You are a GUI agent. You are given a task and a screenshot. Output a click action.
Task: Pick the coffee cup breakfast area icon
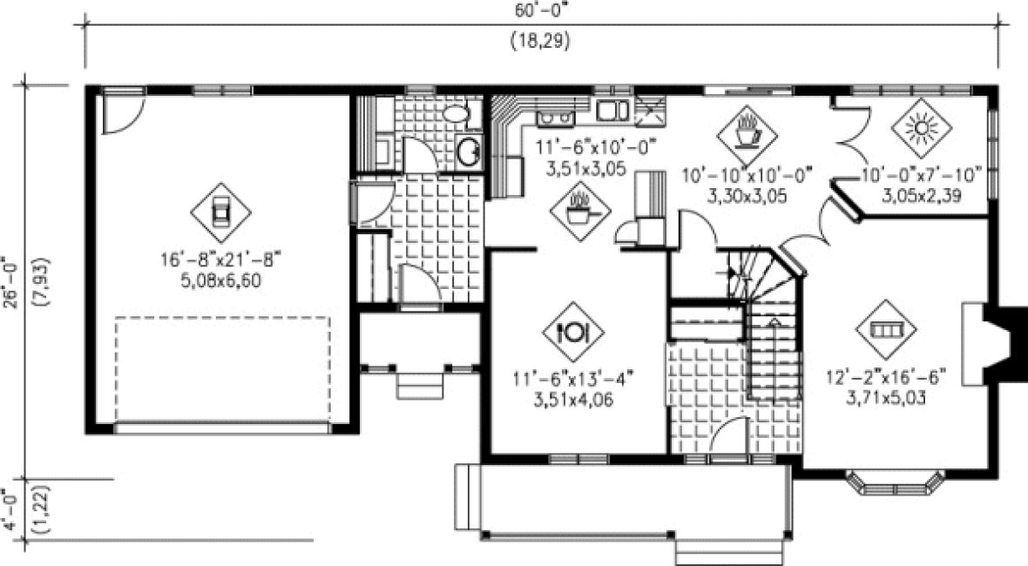point(747,133)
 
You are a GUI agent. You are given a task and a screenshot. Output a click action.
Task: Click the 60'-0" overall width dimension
point(540,10)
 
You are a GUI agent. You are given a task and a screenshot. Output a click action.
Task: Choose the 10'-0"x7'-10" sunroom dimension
point(923,174)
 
